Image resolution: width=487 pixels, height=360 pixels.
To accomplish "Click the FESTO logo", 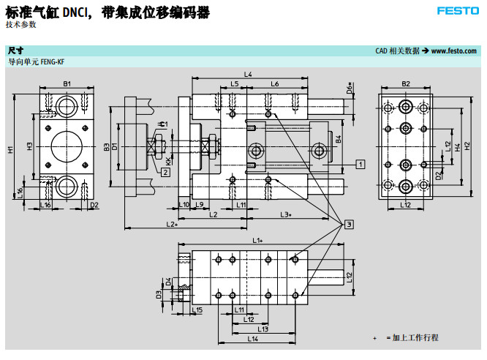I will (x=458, y=11).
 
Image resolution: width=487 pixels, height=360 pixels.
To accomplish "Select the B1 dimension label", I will (x=67, y=84).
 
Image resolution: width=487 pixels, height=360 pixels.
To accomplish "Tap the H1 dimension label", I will (x=11, y=150).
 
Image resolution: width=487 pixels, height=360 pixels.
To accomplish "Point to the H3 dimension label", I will (x=30, y=146).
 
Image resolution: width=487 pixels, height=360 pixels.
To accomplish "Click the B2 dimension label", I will (x=406, y=84).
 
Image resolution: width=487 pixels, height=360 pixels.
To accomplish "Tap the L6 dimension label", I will (x=275, y=84).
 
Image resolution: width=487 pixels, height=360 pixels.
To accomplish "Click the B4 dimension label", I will (x=339, y=138).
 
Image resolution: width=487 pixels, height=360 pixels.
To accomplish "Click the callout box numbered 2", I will (x=166, y=172).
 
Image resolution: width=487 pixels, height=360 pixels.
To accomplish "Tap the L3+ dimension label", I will (x=286, y=214).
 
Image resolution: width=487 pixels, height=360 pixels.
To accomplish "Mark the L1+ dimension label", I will (x=257, y=240).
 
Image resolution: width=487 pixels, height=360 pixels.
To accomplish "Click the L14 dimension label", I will (x=252, y=339).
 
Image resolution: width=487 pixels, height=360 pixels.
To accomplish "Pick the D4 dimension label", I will (x=168, y=281).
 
